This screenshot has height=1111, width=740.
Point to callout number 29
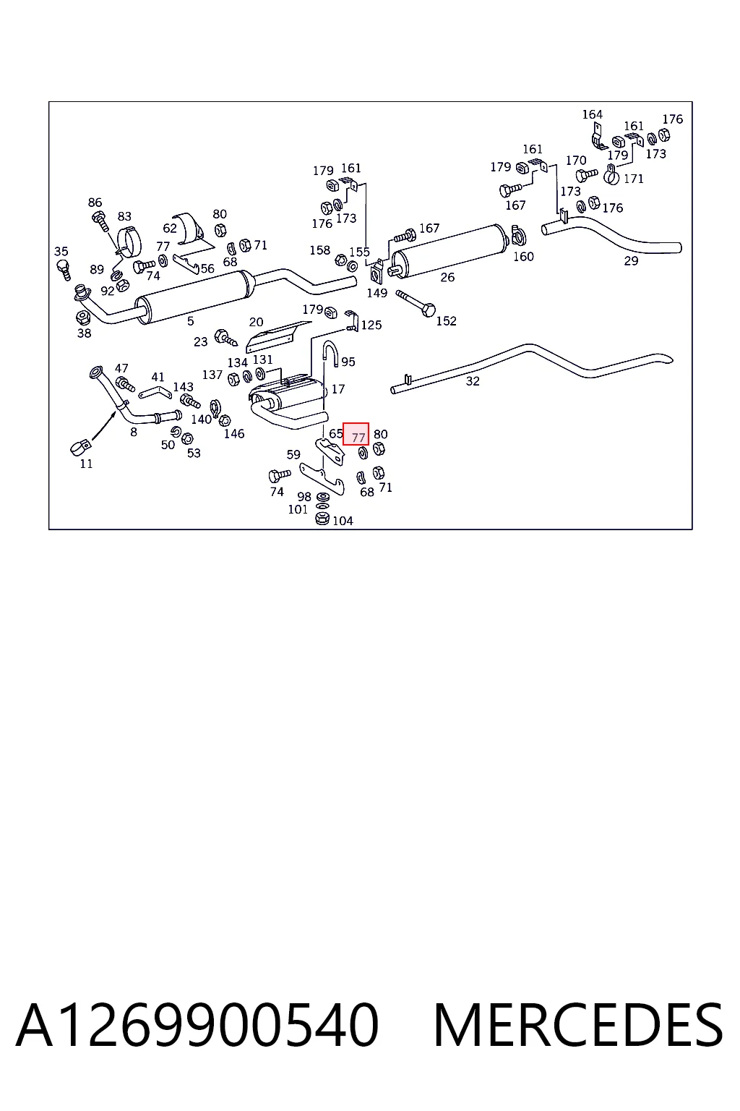tap(631, 261)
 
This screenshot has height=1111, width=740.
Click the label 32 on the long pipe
tap(473, 381)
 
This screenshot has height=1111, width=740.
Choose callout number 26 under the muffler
tap(447, 277)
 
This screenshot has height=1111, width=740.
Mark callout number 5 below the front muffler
tap(190, 321)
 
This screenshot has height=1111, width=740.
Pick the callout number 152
tap(446, 321)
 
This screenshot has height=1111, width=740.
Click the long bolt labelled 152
tap(416, 304)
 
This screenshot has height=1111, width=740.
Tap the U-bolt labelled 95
tap(331, 353)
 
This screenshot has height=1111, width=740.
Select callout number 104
tap(343, 521)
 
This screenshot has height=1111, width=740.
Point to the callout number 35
tap(61, 252)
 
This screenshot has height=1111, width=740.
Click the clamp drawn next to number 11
tap(79, 448)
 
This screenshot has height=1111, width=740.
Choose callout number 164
tap(593, 114)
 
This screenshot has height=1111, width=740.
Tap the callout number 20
tap(256, 322)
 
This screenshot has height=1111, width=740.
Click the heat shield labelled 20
tap(277, 337)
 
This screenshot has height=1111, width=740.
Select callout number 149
tap(377, 293)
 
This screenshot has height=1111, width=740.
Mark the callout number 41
tap(158, 377)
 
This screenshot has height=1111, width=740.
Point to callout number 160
tap(523, 257)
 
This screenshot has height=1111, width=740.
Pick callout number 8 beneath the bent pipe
tap(133, 432)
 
